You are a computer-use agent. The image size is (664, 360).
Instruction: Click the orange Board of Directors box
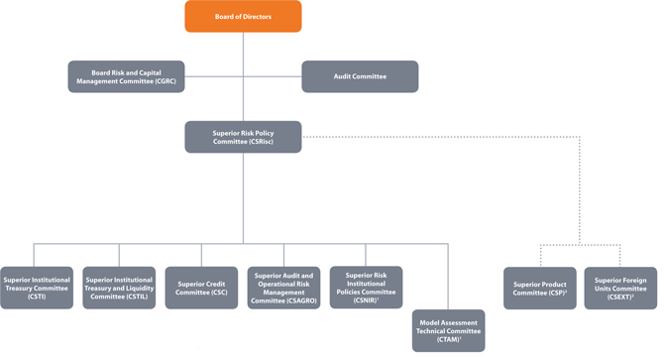[243, 16]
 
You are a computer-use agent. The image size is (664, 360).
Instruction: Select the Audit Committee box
[360, 76]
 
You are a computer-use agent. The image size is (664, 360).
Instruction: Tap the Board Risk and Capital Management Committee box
[126, 76]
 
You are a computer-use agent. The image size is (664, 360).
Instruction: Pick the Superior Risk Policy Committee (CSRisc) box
[243, 137]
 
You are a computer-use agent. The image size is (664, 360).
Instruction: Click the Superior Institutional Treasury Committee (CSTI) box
[37, 288]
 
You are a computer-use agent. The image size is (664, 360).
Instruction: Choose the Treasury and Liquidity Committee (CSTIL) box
[119, 288]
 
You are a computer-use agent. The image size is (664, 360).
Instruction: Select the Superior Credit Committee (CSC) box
[201, 288]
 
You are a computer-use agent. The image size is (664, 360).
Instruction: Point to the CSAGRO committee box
[283, 288]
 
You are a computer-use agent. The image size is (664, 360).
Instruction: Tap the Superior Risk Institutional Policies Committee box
[367, 288]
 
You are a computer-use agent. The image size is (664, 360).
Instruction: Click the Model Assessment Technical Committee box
[449, 330]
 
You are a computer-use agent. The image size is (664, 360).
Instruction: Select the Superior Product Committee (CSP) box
[540, 288]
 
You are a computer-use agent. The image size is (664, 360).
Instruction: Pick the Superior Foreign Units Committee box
[620, 288]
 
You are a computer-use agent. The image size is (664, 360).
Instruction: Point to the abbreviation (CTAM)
[447, 339]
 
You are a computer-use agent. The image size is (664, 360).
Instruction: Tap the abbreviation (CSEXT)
[619, 297]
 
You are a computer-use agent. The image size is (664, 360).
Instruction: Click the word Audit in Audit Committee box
[342, 76]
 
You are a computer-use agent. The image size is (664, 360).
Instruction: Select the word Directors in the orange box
[257, 17]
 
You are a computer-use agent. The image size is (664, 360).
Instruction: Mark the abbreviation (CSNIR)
[365, 300]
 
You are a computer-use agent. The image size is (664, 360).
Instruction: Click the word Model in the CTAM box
[430, 322]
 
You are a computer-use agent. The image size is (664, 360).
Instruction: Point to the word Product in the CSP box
[553, 285]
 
